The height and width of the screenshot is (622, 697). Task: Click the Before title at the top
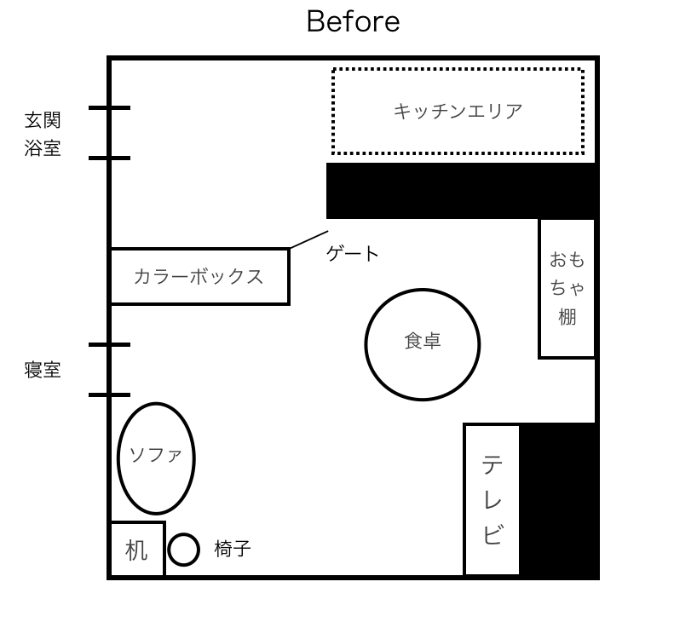click(x=353, y=21)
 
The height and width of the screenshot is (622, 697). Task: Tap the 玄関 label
click(x=43, y=120)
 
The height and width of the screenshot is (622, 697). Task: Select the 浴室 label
click(x=43, y=148)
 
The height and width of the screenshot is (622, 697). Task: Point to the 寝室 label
click(x=43, y=370)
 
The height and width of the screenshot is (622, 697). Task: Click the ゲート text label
click(x=353, y=254)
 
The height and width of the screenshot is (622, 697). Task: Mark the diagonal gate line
click(x=309, y=239)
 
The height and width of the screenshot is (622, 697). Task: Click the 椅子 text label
click(x=233, y=549)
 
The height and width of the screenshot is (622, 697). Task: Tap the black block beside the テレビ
click(x=558, y=500)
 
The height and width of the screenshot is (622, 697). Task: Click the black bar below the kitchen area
click(x=462, y=191)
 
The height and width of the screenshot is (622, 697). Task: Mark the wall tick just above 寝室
click(x=109, y=344)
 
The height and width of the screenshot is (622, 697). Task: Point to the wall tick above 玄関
click(x=109, y=107)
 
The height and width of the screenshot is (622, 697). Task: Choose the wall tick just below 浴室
click(x=109, y=158)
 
